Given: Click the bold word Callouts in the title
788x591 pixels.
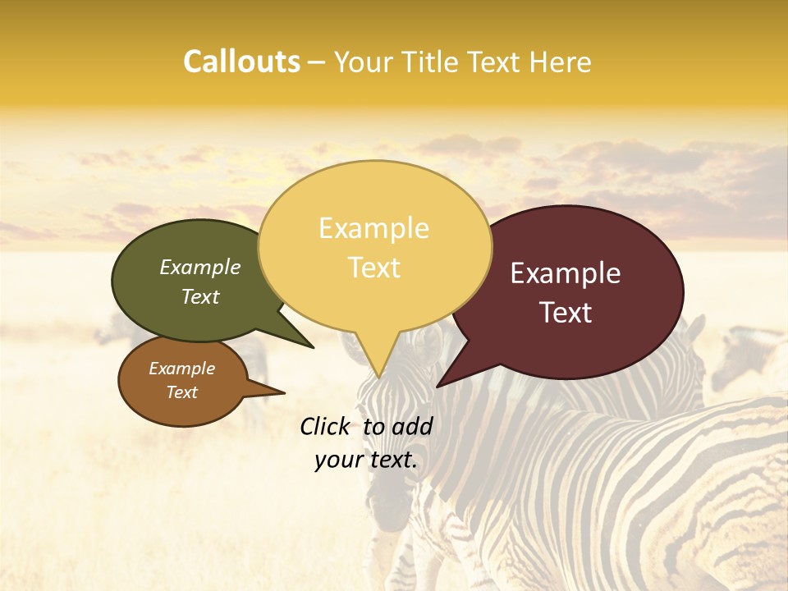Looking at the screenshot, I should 241,62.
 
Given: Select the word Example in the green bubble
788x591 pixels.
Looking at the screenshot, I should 200,267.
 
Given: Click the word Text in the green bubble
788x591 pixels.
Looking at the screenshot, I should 200,296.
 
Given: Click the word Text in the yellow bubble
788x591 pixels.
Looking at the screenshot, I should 373,267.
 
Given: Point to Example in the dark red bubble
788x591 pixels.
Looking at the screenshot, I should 566,273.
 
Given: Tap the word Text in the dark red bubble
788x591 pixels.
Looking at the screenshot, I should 566,312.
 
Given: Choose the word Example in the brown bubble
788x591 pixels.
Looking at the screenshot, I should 181,369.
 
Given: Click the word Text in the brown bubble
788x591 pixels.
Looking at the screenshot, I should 181,392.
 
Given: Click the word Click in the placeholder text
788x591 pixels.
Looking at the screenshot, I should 327,426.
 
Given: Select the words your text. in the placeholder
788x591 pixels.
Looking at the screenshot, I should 365,460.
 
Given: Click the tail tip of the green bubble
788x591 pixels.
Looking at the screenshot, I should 313,347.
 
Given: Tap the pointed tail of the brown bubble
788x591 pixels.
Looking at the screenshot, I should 284,392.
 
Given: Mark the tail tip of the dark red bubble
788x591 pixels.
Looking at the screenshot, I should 438,386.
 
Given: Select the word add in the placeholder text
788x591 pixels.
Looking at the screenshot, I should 412,426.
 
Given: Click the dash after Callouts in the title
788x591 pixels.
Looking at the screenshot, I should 317,62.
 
